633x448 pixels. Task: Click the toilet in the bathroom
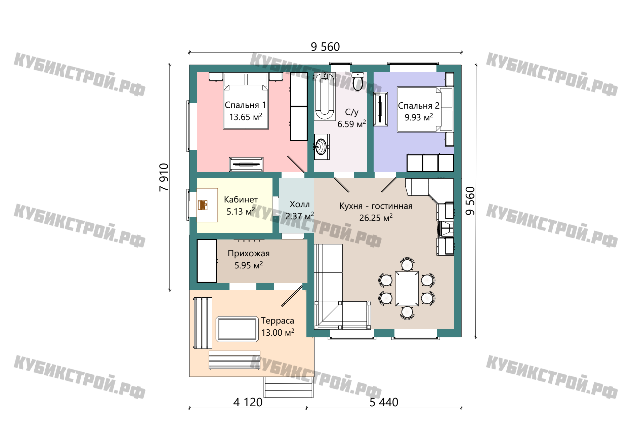(358, 81)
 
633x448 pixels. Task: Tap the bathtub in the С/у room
(325, 97)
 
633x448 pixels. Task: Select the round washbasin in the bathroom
(321, 147)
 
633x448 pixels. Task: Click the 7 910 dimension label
(164, 177)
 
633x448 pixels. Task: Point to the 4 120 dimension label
(248, 402)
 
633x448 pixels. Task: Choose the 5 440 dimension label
(384, 402)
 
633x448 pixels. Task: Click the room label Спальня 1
(245, 105)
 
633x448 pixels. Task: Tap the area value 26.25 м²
(376, 218)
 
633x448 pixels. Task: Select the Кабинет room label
(241, 199)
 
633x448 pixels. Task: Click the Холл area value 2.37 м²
(300, 216)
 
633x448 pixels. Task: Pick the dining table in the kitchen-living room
(407, 289)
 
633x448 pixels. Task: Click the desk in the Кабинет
(207, 205)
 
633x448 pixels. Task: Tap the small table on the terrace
(237, 329)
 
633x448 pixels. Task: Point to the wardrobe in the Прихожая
(207, 261)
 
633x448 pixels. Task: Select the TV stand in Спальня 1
(246, 164)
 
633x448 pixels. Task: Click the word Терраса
(278, 321)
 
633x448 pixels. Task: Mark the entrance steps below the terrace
(289, 387)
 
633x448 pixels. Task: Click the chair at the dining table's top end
(407, 264)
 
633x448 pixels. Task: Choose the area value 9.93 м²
(419, 117)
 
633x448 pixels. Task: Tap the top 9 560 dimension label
(325, 47)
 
